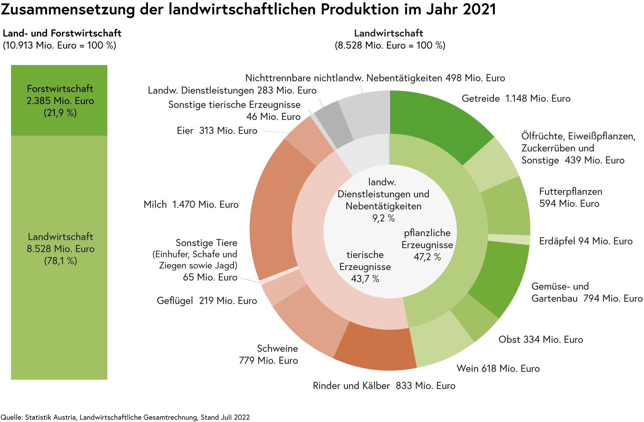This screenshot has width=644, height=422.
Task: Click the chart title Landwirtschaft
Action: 388,33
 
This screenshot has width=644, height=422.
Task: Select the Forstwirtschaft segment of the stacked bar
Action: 59,100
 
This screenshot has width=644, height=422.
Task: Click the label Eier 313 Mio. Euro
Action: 217,131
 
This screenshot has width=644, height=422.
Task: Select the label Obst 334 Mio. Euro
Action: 541,340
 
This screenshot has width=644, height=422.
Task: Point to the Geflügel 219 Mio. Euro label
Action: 207,301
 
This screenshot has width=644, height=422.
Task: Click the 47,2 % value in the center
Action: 427,257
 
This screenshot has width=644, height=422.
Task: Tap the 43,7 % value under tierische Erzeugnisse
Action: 365,279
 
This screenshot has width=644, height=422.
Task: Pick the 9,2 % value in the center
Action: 383,218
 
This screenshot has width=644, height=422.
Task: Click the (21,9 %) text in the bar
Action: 60,113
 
